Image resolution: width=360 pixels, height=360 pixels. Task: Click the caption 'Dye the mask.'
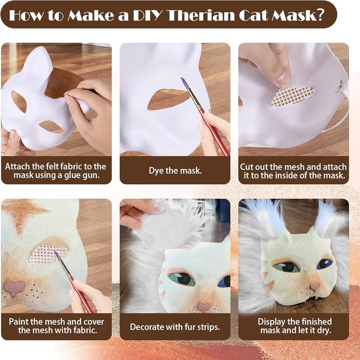(175, 171)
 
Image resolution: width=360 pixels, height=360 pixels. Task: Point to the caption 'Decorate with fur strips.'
(175, 326)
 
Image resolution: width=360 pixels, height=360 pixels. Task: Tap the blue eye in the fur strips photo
(224, 281)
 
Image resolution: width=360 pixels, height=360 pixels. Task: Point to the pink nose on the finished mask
(315, 287)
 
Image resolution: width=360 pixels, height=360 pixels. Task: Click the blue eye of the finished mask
(324, 264)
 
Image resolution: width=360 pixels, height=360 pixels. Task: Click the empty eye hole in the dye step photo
(166, 99)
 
